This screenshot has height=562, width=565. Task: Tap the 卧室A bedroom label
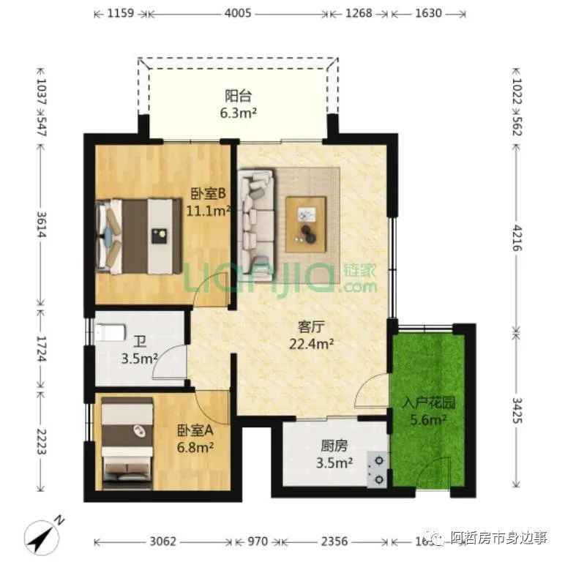(x=195, y=430)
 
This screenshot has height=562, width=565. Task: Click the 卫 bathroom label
(x=139, y=341)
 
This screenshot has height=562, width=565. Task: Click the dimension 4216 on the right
(x=517, y=239)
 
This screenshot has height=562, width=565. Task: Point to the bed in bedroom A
(x=127, y=443)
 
